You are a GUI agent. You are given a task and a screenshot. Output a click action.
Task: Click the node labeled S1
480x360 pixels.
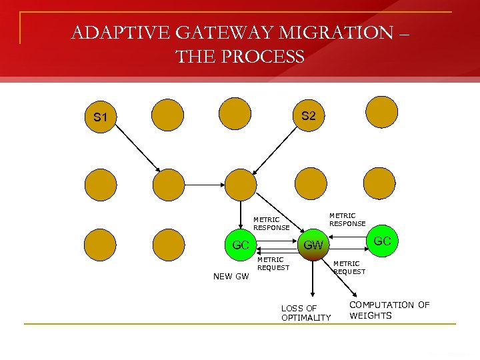[100, 118]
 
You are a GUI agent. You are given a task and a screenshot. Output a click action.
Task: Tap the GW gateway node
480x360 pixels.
[313, 245]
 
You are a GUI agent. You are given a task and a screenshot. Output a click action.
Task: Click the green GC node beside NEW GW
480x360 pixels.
[241, 245]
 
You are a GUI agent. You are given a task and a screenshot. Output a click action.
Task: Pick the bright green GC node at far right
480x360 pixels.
[381, 241]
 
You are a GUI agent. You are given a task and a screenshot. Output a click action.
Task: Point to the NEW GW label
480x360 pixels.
[231, 276]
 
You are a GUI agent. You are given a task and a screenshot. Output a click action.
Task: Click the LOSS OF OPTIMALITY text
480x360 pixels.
[305, 313]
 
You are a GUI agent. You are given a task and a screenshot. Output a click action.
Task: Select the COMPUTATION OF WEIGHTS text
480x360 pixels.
[389, 310]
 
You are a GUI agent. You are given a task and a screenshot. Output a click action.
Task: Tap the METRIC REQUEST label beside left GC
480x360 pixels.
[273, 263]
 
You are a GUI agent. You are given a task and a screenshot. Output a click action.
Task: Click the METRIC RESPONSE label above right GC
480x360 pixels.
[347, 219]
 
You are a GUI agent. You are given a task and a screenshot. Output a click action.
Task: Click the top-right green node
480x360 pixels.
[381, 112]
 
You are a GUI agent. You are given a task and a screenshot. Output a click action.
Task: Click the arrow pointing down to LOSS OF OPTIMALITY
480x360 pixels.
[312, 280]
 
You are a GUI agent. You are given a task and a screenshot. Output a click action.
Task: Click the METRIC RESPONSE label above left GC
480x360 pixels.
[271, 223]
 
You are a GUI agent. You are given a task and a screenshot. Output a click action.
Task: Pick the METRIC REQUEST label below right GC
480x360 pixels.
[349, 267]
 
